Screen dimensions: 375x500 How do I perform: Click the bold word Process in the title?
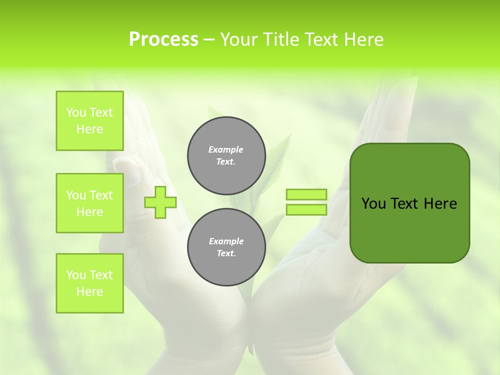point(164,40)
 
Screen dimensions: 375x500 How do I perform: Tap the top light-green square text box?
point(90,121)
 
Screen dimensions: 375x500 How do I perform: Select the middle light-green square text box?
point(90,203)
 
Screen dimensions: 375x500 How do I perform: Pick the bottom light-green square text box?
point(90,283)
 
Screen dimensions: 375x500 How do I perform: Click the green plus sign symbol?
point(160,202)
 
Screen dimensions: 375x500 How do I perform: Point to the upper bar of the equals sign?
point(306,194)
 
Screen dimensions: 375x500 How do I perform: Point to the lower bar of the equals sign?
point(306,209)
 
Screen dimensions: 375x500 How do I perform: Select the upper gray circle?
point(227,156)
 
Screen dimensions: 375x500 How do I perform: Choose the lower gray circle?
point(227,247)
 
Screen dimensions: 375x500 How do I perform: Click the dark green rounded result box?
point(409,203)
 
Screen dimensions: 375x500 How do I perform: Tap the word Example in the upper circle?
point(226,149)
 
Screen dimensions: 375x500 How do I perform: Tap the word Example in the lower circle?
point(226,241)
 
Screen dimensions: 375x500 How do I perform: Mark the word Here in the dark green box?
point(440,204)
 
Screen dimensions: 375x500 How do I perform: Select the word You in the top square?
point(76,113)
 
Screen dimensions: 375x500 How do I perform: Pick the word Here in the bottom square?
point(90,292)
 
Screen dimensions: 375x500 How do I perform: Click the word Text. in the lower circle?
point(226,254)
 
